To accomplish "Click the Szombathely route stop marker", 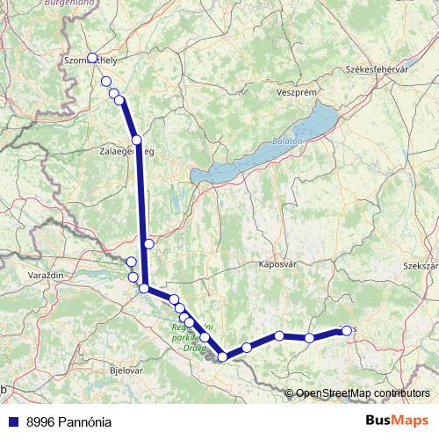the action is coord(92,58).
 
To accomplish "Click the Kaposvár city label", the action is coord(278,263).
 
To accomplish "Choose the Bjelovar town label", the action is coord(123,371).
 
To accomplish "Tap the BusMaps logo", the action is coord(397,421).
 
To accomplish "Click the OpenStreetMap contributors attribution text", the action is coord(363,392).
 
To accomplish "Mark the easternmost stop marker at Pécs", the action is coord(346,330).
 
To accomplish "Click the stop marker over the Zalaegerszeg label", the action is coord(137,140).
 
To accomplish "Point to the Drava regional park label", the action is coord(186,334).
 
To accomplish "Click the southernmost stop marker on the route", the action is coord(223,356).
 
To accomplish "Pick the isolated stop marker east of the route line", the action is coord(149,243).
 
